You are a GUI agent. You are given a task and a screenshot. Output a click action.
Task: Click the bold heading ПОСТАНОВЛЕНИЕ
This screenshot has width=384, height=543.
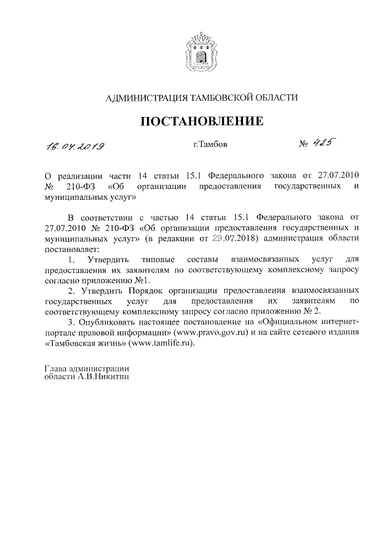pos(202,122)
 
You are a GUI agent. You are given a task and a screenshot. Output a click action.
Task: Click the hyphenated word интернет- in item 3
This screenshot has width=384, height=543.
pos(337,322)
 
